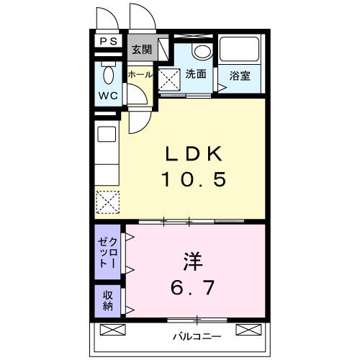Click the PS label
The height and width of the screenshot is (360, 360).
pos(109,42)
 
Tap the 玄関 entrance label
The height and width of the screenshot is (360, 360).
pos(142,50)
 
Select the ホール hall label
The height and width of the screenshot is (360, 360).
pos(140,74)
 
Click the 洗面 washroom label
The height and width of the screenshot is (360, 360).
pos(196,73)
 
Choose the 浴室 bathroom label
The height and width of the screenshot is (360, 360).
pos(240,75)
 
